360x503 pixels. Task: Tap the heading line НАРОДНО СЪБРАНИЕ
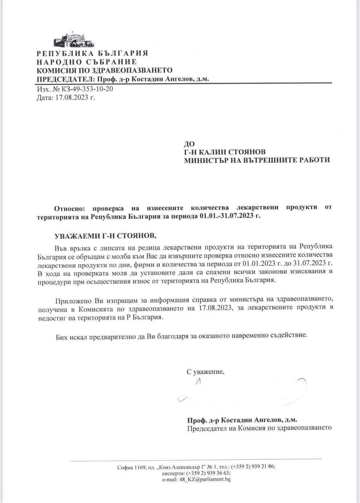pos(87,62)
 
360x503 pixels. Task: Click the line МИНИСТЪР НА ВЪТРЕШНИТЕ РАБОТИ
pos(257,160)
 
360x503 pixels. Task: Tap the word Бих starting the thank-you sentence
pos(62,335)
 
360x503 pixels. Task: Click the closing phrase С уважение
pos(205,372)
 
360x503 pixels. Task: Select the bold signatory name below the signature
pos(242,420)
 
